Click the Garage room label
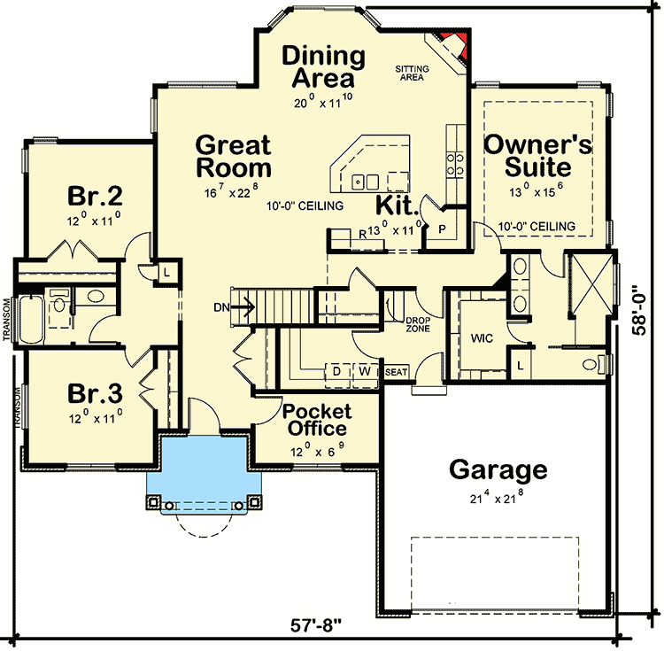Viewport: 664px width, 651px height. [x=498, y=469]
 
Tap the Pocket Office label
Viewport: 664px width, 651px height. [x=317, y=420]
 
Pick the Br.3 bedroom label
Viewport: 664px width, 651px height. [x=94, y=391]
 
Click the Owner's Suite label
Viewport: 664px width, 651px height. [x=538, y=155]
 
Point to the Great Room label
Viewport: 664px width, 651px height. [x=234, y=156]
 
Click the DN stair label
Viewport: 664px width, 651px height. [x=221, y=307]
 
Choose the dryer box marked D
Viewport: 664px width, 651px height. [x=337, y=370]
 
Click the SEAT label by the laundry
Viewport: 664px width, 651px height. [x=397, y=372]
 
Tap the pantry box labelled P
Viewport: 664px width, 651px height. [x=442, y=228]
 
